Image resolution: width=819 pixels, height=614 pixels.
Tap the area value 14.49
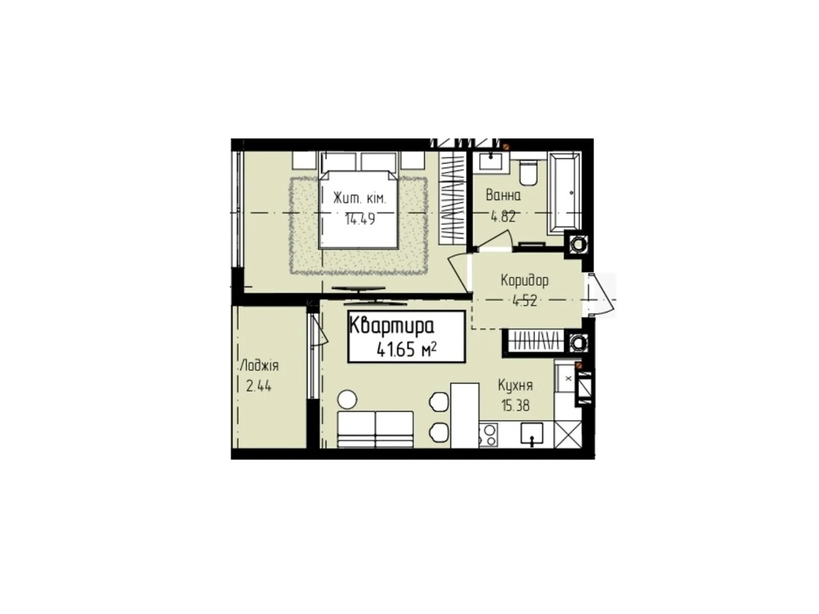pos(360,219)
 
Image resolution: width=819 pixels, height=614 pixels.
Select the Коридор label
pos(524,280)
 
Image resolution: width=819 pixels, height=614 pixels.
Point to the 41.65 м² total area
pos(406,349)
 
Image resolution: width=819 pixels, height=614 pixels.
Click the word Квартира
pos(392,326)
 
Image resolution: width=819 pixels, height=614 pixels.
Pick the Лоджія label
pos(259,366)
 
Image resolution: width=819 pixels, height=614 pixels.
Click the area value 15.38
pos(515,405)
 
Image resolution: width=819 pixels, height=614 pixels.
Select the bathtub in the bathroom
pos(564,193)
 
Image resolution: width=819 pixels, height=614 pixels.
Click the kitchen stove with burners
pos(488,435)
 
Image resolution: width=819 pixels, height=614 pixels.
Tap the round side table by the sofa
pos(347,399)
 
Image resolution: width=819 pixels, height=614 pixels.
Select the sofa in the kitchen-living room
pos(375,429)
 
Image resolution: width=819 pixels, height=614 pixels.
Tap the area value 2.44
pos(258,386)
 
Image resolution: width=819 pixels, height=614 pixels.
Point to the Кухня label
pos(515,386)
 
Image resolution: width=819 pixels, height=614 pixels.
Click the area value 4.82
pos(503,216)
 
